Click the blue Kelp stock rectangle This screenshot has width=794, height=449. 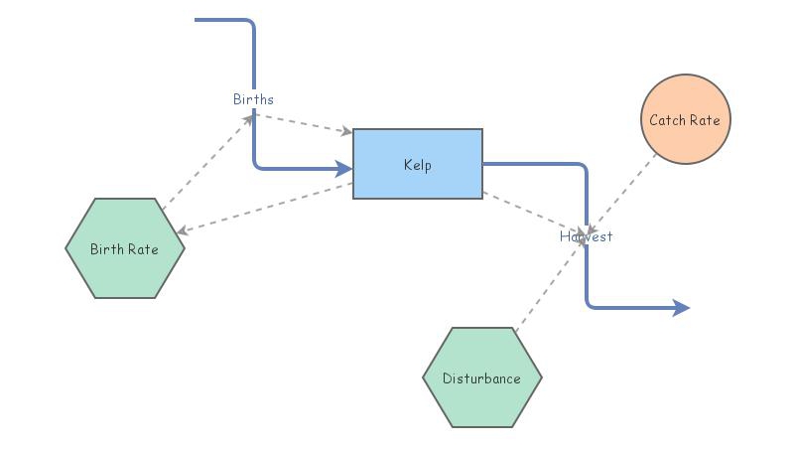[x=418, y=164]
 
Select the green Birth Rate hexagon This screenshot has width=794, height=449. [x=125, y=248]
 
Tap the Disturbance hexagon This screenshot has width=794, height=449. [x=481, y=378]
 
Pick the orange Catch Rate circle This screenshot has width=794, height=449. [x=685, y=120]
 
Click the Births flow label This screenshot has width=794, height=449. [x=253, y=99]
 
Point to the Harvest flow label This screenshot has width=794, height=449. [x=586, y=236]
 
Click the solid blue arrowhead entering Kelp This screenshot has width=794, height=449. [x=344, y=168]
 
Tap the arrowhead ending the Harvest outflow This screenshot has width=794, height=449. [x=681, y=308]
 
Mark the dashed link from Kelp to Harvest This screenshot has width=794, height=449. [x=531, y=212]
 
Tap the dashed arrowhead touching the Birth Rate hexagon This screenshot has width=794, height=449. [x=183, y=231]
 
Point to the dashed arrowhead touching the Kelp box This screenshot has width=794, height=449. [x=346, y=131]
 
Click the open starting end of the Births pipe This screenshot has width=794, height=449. [x=198, y=20]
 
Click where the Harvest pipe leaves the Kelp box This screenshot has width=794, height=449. [x=485, y=164]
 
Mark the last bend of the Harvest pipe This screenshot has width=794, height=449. [x=589, y=306]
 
